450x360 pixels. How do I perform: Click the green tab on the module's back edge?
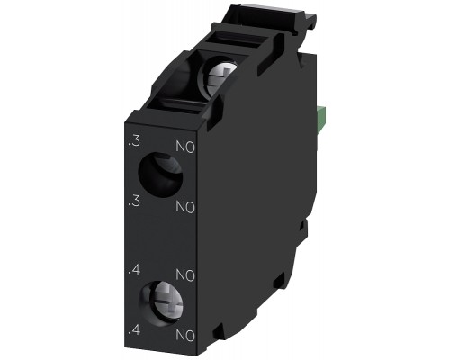321,121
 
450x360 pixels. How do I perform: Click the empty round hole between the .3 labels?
160,175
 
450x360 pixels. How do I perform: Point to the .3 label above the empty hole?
134,142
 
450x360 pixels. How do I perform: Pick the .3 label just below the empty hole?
134,202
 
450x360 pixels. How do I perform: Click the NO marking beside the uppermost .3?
185,148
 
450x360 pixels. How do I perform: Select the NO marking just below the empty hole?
185,207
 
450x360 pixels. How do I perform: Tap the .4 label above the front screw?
134,270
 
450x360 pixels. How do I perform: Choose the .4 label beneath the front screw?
134,330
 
